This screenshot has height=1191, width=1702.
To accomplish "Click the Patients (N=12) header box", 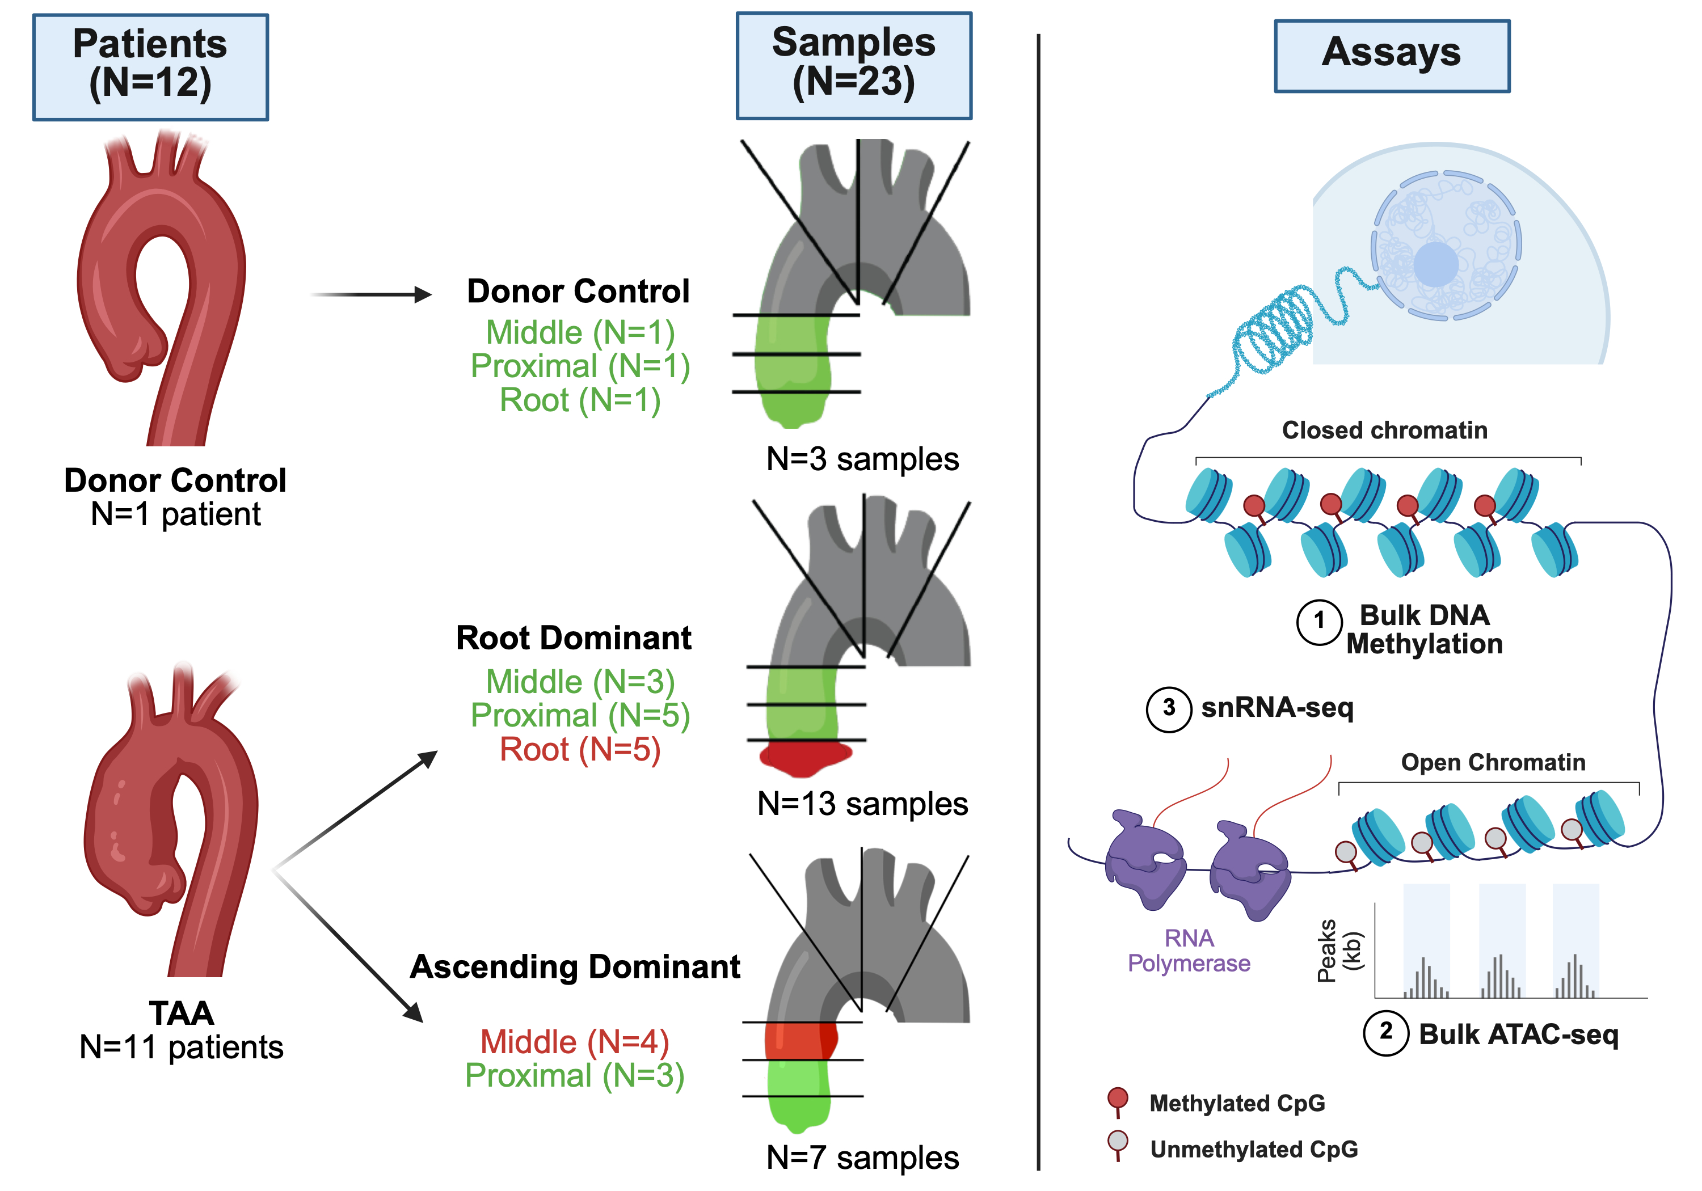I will (150, 67).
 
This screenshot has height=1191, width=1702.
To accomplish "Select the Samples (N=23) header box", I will (853, 65).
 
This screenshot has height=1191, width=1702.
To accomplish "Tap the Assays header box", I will (1392, 56).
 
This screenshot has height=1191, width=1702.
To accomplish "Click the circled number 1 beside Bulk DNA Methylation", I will (1318, 621).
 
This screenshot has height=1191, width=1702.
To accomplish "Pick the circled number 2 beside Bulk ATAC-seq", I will (1385, 1032).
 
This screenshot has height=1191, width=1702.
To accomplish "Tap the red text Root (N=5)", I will (580, 749).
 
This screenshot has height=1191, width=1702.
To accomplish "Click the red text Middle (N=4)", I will (575, 1041).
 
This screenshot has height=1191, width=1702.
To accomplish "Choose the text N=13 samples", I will (862, 804).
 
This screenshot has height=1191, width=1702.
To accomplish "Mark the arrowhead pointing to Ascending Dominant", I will (414, 1012).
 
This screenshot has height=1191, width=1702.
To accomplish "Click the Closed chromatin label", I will (1384, 430).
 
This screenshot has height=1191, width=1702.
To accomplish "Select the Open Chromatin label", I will (1492, 762).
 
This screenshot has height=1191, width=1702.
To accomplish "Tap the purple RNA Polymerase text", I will (1189, 950).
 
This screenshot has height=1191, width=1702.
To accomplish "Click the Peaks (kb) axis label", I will (1339, 951).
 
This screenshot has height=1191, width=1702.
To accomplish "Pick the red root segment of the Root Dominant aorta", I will (805, 758).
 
